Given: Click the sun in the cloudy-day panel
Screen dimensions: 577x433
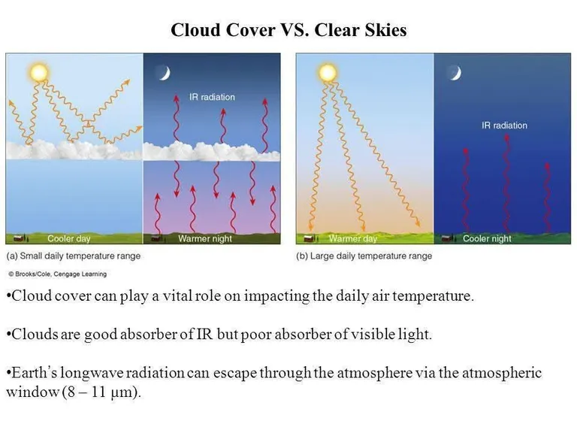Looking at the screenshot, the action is click(38, 72).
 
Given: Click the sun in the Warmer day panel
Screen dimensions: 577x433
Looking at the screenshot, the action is click(328, 72).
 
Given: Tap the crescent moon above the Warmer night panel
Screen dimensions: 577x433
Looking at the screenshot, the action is click(165, 73).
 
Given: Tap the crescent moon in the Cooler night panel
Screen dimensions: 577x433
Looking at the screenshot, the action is click(455, 73).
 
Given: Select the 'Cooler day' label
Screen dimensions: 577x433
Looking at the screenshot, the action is click(69, 238).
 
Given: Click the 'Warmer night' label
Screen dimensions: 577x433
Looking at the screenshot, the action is click(205, 238).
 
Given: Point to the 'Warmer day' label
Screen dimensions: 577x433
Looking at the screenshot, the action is click(353, 238).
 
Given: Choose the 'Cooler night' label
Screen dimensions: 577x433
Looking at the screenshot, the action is click(487, 238).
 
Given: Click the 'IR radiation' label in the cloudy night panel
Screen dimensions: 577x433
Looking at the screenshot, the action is click(212, 97).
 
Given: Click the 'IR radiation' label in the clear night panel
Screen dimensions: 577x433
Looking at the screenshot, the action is click(504, 126).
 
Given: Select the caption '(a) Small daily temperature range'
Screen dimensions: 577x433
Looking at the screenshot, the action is click(73, 256).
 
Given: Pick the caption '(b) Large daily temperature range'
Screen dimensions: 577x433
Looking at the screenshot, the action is click(364, 256).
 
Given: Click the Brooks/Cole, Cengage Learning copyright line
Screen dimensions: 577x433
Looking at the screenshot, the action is click(57, 274).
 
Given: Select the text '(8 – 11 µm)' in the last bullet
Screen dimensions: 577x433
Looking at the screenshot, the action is click(101, 392).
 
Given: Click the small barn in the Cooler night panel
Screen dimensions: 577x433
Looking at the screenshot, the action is click(446, 238).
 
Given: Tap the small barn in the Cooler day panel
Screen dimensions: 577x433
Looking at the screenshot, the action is click(18, 238).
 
